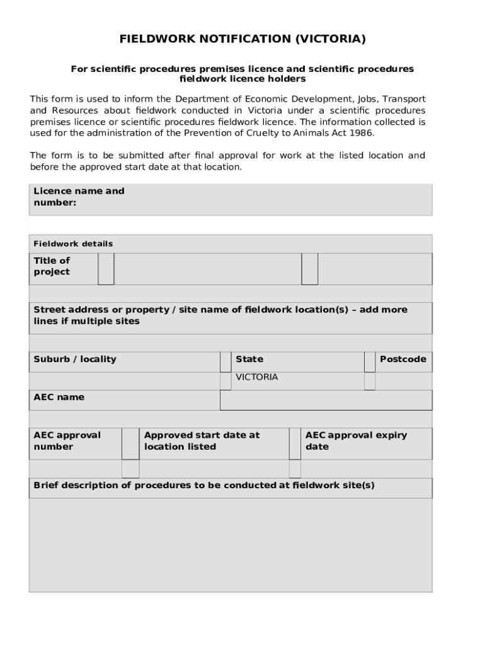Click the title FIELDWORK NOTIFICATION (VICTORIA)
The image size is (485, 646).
[x=243, y=39]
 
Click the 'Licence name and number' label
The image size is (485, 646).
[x=79, y=197]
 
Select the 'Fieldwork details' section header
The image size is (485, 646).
[x=73, y=244]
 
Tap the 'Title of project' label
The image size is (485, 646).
[x=52, y=266]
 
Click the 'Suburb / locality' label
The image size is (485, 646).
[x=75, y=359]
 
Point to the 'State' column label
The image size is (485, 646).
[x=249, y=359]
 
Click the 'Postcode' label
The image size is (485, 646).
[x=402, y=359]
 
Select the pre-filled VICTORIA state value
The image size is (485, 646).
[x=256, y=377]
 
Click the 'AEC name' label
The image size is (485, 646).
[x=59, y=397]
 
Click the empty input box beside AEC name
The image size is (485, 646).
[x=326, y=400]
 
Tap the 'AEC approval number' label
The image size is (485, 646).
[x=67, y=441]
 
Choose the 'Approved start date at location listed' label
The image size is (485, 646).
[x=202, y=441]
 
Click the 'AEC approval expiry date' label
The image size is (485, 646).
[x=356, y=441]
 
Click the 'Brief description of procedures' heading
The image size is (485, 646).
[x=203, y=485]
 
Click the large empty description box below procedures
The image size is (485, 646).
[x=231, y=544]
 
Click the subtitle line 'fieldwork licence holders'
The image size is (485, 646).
[x=243, y=79]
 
